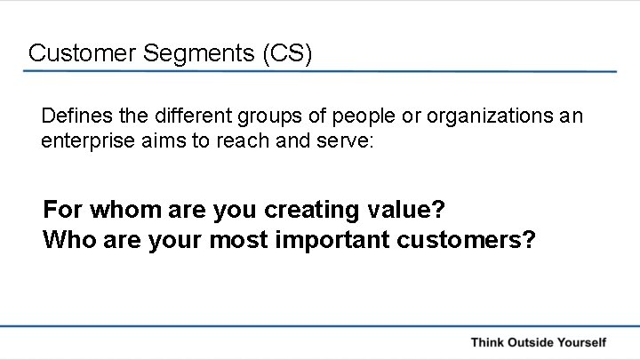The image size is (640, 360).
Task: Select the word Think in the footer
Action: coord(489,342)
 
